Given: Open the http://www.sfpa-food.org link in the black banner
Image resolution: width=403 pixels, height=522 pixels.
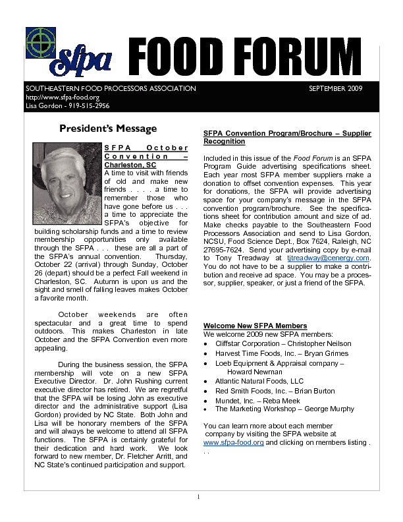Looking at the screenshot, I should click(53, 97).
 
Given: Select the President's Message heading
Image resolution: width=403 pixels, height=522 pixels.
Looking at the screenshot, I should click(108, 129).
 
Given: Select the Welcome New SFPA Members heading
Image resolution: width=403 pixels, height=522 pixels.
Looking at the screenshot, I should click(255, 326).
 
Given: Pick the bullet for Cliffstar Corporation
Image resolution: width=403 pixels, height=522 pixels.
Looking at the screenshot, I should click(207, 343).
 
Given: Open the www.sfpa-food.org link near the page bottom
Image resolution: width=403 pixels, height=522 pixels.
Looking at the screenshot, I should click(234, 443).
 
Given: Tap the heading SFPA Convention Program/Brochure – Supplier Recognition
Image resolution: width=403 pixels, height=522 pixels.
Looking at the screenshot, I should click(287, 137).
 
